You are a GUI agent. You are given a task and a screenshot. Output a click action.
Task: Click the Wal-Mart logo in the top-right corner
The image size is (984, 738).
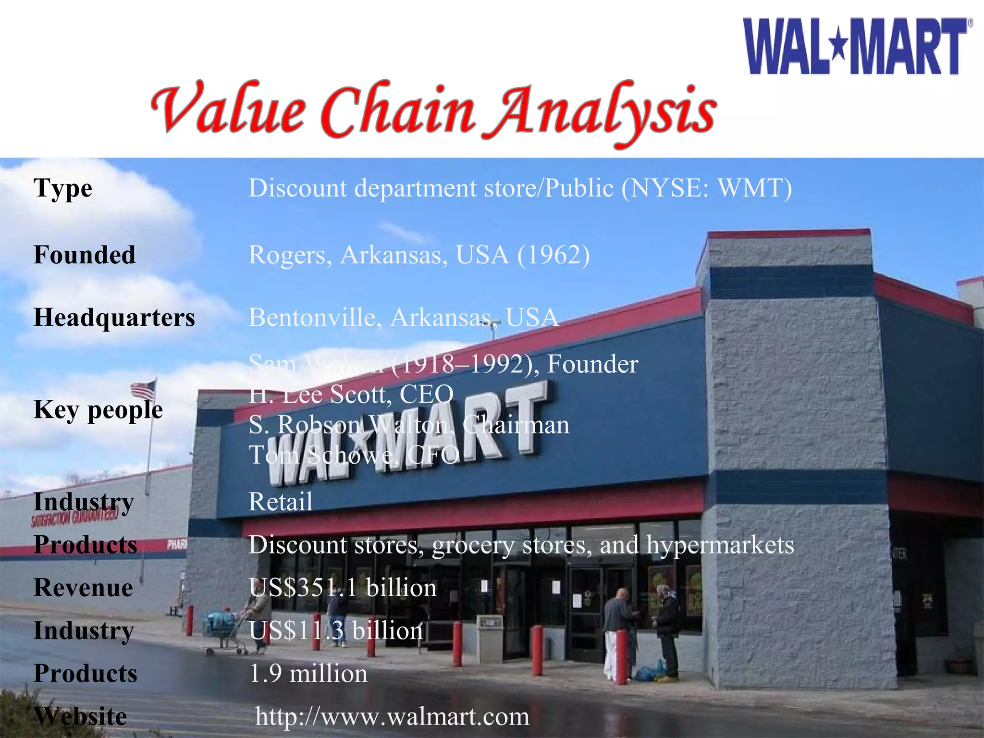pyautogui.click(x=858, y=46)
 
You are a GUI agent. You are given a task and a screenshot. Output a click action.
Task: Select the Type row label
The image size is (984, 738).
pyautogui.click(x=62, y=188)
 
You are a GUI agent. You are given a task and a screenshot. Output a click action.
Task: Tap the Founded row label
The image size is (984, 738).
pyautogui.click(x=84, y=255)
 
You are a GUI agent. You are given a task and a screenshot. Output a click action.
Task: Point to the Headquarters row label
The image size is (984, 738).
pyautogui.click(x=114, y=318)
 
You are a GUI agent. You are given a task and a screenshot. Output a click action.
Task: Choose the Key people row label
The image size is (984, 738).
pyautogui.click(x=98, y=410)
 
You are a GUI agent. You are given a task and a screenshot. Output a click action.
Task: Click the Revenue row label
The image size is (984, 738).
pyautogui.click(x=83, y=588)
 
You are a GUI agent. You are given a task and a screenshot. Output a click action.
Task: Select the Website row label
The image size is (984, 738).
pyautogui.click(x=81, y=716)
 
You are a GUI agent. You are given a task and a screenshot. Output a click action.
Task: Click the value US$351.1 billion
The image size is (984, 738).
pyautogui.click(x=343, y=588)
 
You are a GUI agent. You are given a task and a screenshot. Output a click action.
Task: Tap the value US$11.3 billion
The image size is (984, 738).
pyautogui.click(x=336, y=630)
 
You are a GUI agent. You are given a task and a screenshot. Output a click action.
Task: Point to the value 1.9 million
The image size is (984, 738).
pyautogui.click(x=308, y=674)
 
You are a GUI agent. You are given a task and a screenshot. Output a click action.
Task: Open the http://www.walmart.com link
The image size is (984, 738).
pyautogui.click(x=392, y=716)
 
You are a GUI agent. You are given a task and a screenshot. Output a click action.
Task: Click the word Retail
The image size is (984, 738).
pyautogui.click(x=281, y=502)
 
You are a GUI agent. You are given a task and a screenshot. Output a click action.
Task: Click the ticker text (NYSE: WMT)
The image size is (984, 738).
pyautogui.click(x=706, y=188)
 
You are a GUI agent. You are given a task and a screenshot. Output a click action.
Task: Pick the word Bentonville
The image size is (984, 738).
pyautogui.click(x=315, y=318)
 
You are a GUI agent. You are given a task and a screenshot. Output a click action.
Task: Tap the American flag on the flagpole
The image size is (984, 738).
pyautogui.click(x=144, y=389)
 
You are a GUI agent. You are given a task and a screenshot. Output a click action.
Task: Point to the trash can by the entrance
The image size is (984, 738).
pyautogui.click(x=489, y=637)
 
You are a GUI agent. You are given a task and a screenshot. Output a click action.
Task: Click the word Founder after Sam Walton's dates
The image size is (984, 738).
pyautogui.click(x=592, y=364)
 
